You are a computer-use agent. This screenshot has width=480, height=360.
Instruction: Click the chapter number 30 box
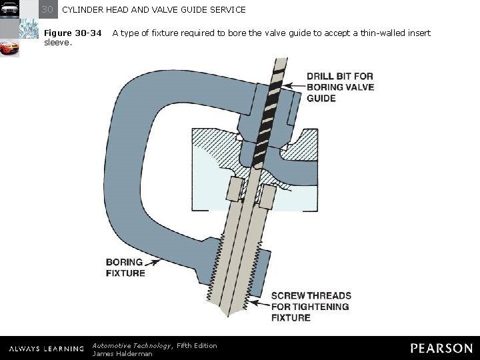coord(48,9)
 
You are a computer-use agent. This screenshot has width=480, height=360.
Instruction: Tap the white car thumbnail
coord(9,9)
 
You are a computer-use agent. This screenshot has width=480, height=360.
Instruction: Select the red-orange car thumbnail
coord(9,48)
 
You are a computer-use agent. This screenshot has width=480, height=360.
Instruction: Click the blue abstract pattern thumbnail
coord(29,29)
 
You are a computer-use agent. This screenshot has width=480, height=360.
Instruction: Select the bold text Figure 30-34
coord(73,33)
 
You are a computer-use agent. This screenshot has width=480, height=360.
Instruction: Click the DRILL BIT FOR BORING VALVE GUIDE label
coord(340,87)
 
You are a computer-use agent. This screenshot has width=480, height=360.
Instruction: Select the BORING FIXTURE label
coord(125,267)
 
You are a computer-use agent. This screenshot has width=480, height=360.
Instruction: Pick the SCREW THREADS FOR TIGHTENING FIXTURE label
coord(311,306)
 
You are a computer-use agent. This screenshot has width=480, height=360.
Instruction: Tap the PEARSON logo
coord(441,348)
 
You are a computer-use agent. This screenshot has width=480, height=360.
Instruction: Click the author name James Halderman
coord(122,353)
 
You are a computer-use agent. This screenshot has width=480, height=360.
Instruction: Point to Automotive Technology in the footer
coord(132,345)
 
